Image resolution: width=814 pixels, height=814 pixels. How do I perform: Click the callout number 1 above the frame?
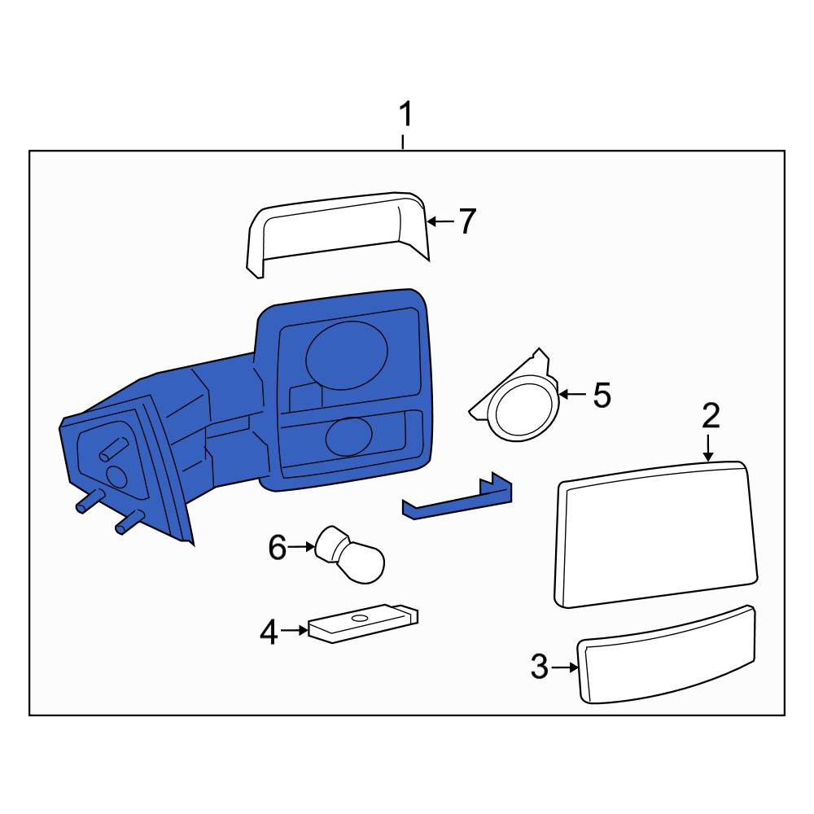(x=405, y=115)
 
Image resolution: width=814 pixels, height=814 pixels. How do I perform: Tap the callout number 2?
(x=711, y=416)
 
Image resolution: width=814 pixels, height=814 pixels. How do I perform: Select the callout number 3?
(x=540, y=667)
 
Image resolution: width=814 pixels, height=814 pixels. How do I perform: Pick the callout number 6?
(x=278, y=547)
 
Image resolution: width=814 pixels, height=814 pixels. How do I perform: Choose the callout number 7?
(x=466, y=221)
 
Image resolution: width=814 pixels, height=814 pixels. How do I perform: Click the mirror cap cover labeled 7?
(x=338, y=234)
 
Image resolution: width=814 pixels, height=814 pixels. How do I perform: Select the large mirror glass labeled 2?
(x=656, y=534)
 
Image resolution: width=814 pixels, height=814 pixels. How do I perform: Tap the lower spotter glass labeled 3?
(x=667, y=655)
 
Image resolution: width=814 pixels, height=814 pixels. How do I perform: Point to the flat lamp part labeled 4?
(x=363, y=623)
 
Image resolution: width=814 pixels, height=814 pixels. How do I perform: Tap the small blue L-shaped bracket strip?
(x=457, y=499)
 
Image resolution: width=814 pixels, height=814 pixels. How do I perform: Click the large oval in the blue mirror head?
(x=347, y=356)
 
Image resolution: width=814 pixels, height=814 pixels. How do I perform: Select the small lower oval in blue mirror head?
(x=349, y=436)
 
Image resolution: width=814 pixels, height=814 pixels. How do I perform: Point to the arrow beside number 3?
(x=565, y=667)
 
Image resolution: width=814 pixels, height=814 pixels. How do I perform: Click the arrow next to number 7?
(x=440, y=221)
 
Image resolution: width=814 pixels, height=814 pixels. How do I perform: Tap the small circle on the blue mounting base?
(x=116, y=476)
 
